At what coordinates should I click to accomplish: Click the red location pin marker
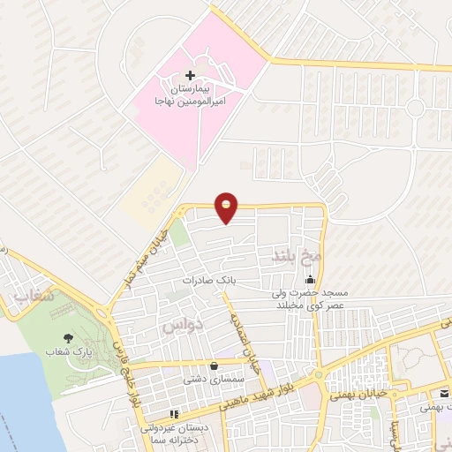[227, 207]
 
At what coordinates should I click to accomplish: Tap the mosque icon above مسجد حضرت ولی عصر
[308, 281]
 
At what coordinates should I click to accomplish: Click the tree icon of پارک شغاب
[68, 338]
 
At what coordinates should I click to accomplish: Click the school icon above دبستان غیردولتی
[175, 413]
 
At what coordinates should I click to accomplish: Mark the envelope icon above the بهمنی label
[445, 395]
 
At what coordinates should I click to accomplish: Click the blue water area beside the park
[22, 397]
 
